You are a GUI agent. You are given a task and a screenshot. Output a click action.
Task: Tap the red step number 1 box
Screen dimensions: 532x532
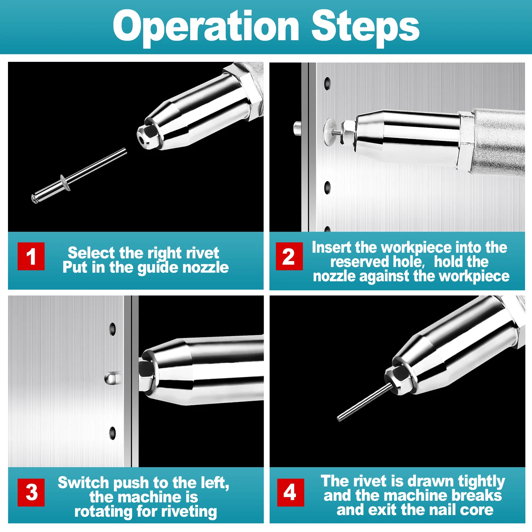click(x=31, y=256)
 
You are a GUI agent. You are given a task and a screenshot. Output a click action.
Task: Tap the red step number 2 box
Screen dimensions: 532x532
click(x=289, y=256)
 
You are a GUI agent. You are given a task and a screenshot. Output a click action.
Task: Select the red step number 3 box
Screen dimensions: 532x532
click(x=31, y=492)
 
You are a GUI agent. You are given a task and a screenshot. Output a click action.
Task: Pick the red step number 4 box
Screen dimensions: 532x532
click(x=290, y=492)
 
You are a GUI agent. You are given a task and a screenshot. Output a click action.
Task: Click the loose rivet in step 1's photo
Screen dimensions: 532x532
click(x=79, y=176)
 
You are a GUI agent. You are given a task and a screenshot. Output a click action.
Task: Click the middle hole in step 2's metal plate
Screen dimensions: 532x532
click(x=328, y=188)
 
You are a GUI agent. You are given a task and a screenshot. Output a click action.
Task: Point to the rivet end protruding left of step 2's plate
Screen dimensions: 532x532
click(x=297, y=128)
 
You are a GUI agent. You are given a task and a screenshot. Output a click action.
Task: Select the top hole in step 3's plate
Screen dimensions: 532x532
click(x=113, y=329)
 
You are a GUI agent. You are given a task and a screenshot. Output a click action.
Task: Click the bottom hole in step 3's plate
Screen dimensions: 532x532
click(x=113, y=433)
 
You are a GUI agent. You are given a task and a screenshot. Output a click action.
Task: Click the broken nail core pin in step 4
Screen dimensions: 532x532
click(x=364, y=402)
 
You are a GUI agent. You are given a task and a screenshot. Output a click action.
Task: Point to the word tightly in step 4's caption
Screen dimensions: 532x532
click(x=481, y=482)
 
